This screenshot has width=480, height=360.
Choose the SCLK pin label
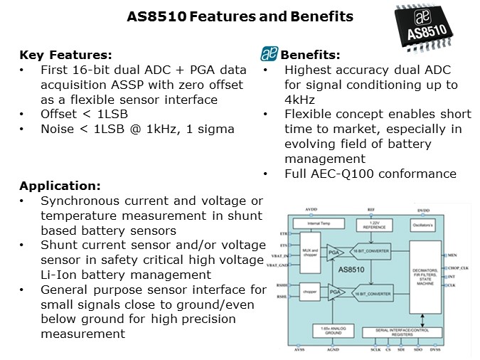pyautogui.click(x=376, y=351)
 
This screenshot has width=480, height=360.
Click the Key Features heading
pyautogui.click(x=65, y=55)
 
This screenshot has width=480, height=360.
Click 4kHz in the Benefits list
pyautogui.click(x=299, y=100)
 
